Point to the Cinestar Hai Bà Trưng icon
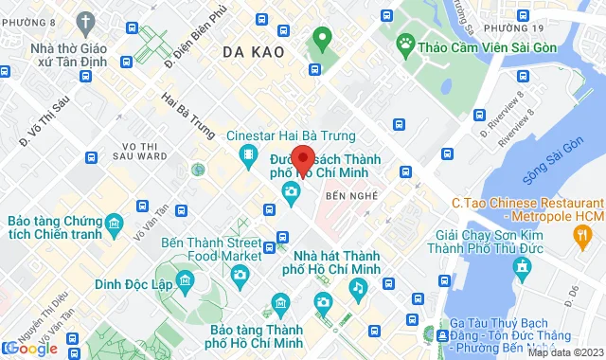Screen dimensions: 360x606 point(247,155)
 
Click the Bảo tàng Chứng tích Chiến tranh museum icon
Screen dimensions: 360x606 point(115,225)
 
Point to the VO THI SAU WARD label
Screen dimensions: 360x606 point(139,151)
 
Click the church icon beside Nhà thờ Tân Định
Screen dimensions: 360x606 point(88,21)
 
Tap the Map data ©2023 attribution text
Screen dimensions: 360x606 point(564,352)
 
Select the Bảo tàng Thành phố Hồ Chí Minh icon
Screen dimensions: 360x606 point(280,302)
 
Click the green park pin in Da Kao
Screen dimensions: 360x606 point(322,40)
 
